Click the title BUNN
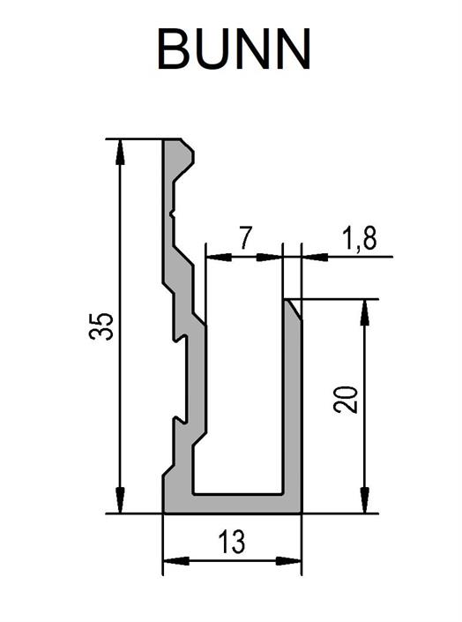[x=234, y=50]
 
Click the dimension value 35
[x=101, y=326]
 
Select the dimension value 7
[x=245, y=237]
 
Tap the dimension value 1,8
[x=360, y=238]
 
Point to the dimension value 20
[x=346, y=400]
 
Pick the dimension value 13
[x=232, y=542]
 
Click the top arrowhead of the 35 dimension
[x=120, y=152]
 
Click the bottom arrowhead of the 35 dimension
[x=120, y=501]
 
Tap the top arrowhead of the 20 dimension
[x=365, y=312]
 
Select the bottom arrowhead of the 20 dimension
[x=365, y=501]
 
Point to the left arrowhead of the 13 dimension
[x=176, y=561]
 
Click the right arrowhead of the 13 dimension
[x=288, y=561]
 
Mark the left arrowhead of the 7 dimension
[x=220, y=257]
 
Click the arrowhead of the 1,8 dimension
[x=316, y=257]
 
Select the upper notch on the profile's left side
[x=180, y=338]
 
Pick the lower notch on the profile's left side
[x=180, y=420]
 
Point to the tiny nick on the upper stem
[x=172, y=214]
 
